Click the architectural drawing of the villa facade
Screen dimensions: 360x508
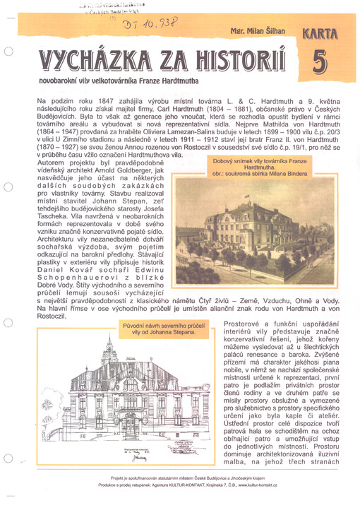coord(112,399)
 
